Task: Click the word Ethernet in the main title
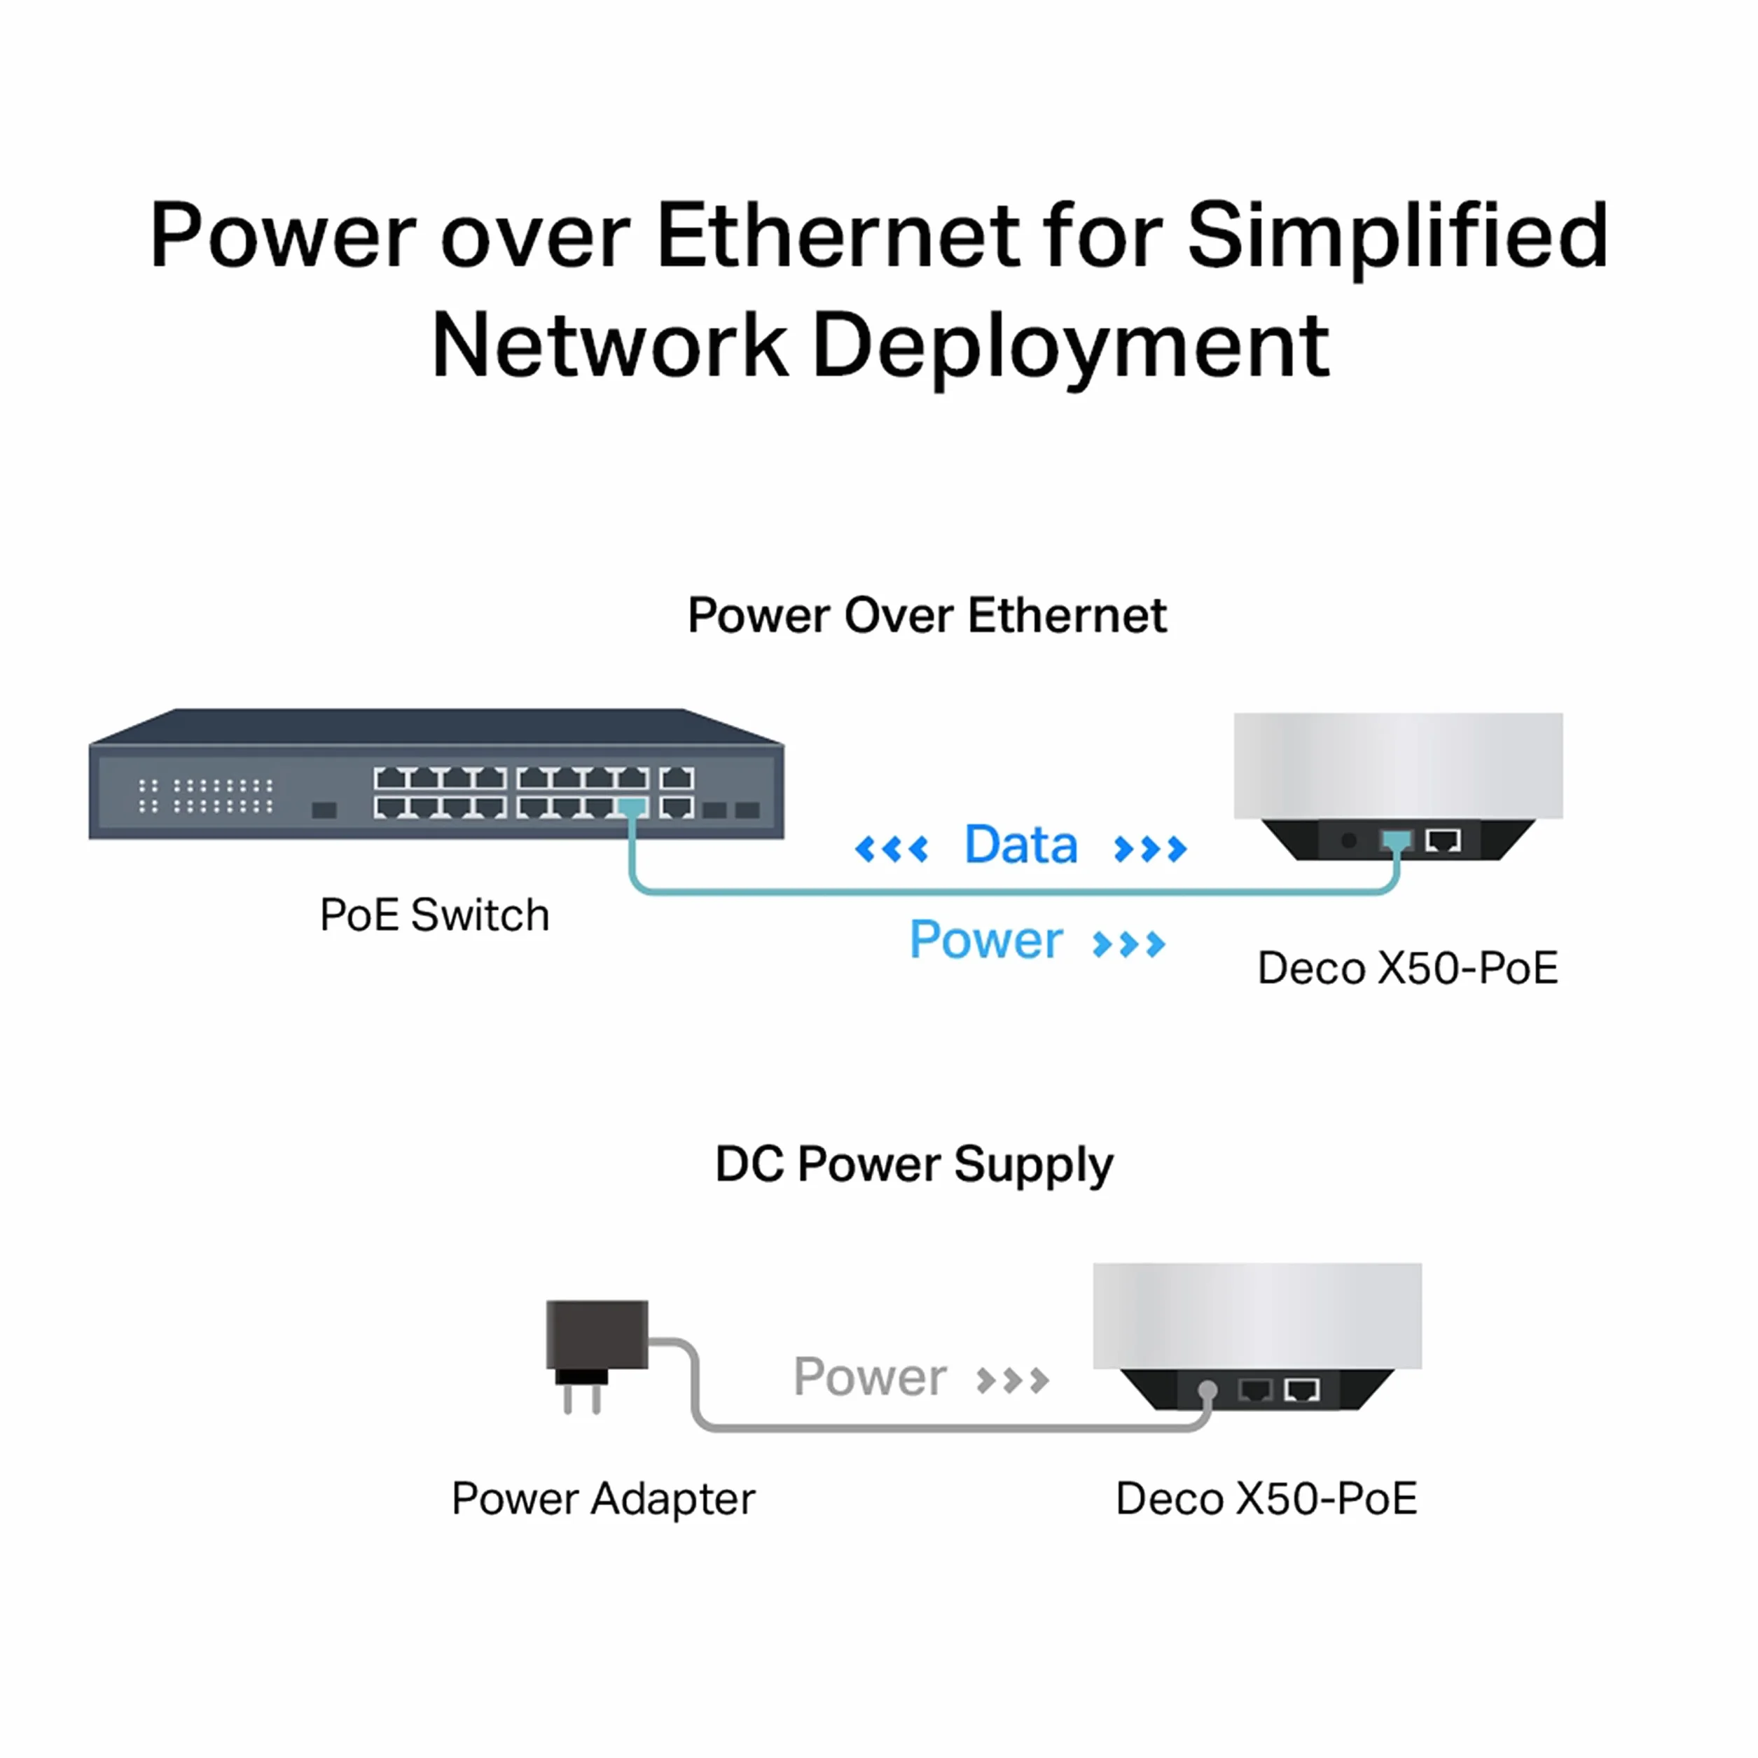[x=838, y=235]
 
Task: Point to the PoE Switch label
[x=434, y=915]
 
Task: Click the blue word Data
[x=1021, y=845]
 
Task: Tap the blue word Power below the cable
[x=986, y=940]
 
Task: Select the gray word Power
[x=870, y=1377]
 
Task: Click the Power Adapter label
[x=603, y=1500]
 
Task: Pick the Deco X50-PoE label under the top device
[x=1408, y=968]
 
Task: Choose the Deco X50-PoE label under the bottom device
[x=1266, y=1499]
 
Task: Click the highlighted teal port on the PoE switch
[x=632, y=807]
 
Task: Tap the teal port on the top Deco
[x=1396, y=840]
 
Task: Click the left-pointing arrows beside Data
[x=892, y=849]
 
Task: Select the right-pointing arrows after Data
[x=1150, y=849]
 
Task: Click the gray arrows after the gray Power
[x=1012, y=1381]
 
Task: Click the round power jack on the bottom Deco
[x=1207, y=1390]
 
